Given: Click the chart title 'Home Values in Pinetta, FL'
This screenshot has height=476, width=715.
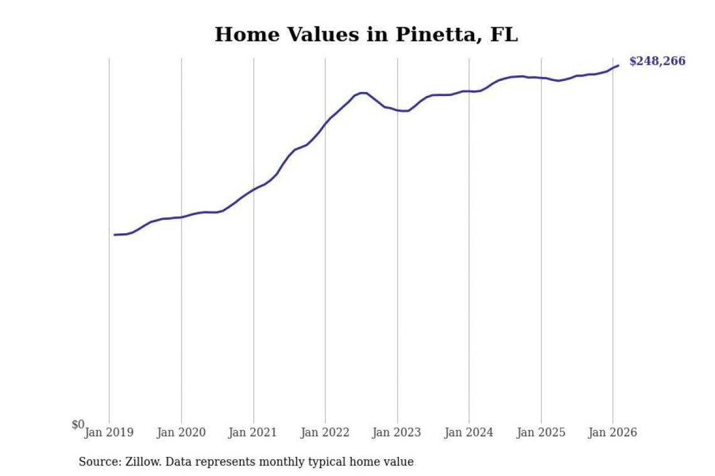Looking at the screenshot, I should (366, 34).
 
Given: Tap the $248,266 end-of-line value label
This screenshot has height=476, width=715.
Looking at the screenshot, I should (657, 61).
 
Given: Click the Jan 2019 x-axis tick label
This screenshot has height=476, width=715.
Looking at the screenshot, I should (109, 433).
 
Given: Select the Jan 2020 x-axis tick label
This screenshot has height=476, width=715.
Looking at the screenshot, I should (181, 433).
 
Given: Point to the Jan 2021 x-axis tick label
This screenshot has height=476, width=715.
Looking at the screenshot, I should (253, 433).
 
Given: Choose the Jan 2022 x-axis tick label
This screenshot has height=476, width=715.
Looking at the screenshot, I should (325, 433).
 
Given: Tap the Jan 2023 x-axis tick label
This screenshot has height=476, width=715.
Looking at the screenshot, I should (397, 433).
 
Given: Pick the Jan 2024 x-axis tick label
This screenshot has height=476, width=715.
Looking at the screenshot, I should (469, 433).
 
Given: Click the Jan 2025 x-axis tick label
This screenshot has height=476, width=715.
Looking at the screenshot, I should (541, 433).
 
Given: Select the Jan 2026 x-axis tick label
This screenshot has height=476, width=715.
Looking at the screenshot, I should (613, 433).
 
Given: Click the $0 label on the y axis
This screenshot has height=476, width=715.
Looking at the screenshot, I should (78, 425).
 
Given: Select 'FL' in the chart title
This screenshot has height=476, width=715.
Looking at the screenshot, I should (504, 34).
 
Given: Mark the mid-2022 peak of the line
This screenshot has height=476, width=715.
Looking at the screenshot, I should (363, 93).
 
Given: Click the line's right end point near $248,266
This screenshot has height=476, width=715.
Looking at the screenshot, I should (618, 65).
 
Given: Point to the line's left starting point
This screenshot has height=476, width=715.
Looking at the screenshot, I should (114, 235).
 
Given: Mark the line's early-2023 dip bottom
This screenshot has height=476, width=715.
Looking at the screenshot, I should (407, 111).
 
